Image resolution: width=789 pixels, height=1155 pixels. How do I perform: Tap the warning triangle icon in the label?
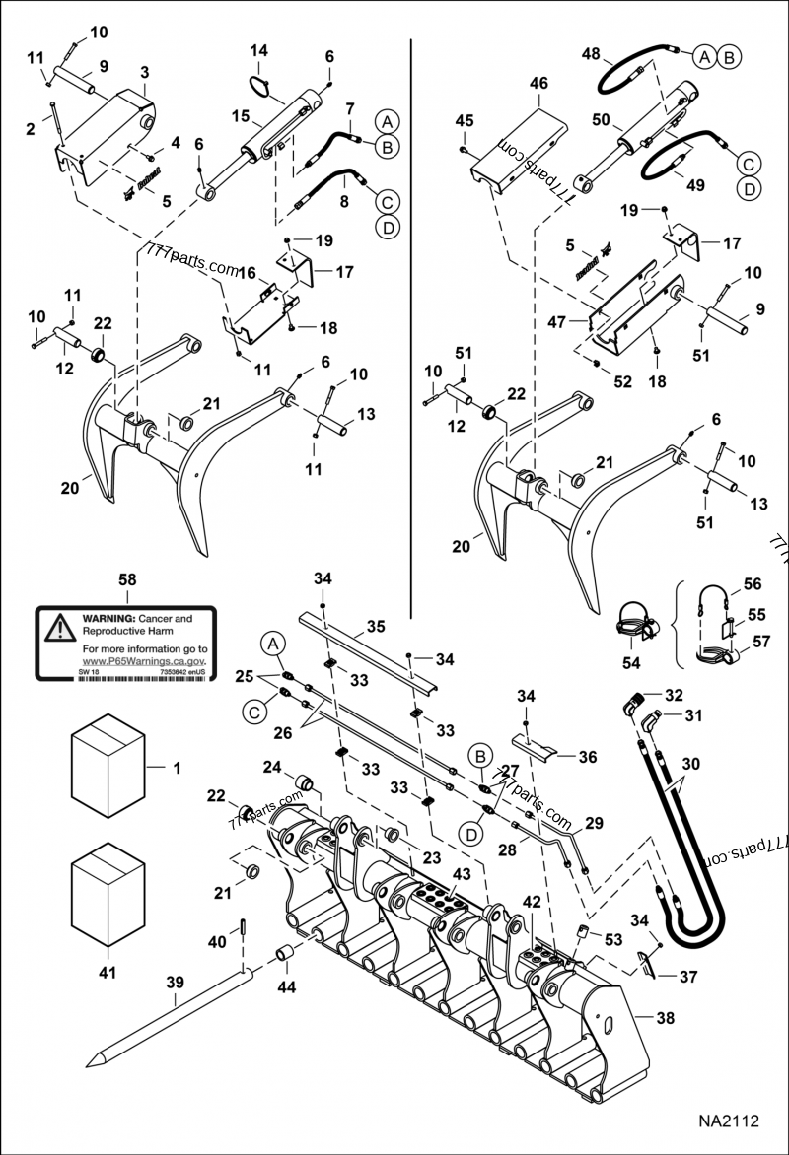point(60,625)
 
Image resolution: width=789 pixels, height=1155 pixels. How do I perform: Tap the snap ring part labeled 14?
point(259,88)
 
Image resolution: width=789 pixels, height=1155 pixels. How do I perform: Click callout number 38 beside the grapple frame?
point(667,1018)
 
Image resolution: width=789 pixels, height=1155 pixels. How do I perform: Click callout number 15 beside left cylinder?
point(240,116)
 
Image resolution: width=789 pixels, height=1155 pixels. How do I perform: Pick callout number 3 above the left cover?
point(145,73)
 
